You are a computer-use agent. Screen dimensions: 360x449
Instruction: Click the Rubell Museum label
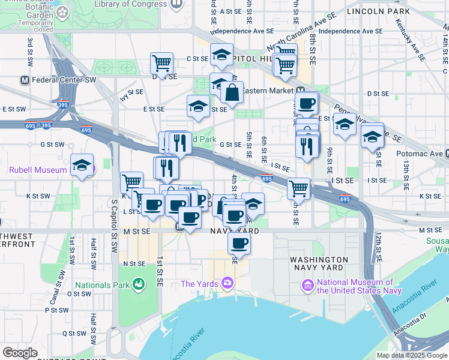(37, 170)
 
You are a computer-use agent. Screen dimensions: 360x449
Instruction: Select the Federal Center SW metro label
(64, 79)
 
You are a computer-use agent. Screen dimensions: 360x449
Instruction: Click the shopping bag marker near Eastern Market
(232, 92)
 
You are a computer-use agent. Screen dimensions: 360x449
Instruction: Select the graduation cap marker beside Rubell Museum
(82, 165)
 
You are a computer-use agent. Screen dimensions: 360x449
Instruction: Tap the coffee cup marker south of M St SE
(239, 243)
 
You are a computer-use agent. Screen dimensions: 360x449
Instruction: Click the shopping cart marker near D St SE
(161, 62)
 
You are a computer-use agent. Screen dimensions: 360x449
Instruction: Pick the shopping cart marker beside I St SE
(298, 188)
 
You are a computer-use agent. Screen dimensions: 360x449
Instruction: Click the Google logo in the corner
(20, 353)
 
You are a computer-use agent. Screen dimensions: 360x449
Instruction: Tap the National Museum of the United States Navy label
(355, 286)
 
